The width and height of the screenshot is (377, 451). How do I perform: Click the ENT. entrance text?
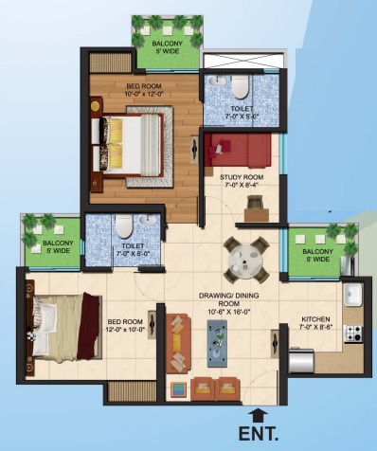(259, 434)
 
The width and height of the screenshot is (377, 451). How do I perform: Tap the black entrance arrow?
(259, 415)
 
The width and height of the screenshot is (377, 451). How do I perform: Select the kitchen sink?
(353, 295)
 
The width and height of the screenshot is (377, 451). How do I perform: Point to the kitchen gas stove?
(353, 334)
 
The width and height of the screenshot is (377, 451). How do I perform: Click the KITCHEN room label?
(315, 319)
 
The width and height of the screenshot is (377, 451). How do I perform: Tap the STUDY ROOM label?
(242, 177)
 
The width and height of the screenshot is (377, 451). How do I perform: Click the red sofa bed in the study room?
(238, 151)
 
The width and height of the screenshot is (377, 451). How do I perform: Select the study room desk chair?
(255, 202)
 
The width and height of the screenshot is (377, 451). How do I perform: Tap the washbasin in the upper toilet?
(217, 81)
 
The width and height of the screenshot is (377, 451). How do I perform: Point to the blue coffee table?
(217, 344)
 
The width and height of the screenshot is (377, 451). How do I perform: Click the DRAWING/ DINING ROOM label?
(229, 299)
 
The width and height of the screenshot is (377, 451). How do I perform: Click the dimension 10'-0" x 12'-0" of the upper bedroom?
(144, 94)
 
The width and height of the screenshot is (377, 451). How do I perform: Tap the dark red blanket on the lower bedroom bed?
(89, 327)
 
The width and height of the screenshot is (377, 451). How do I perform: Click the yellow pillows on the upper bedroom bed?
(115, 144)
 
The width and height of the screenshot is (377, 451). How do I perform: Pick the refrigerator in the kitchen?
(301, 360)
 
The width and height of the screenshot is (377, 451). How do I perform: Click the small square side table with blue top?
(179, 389)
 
